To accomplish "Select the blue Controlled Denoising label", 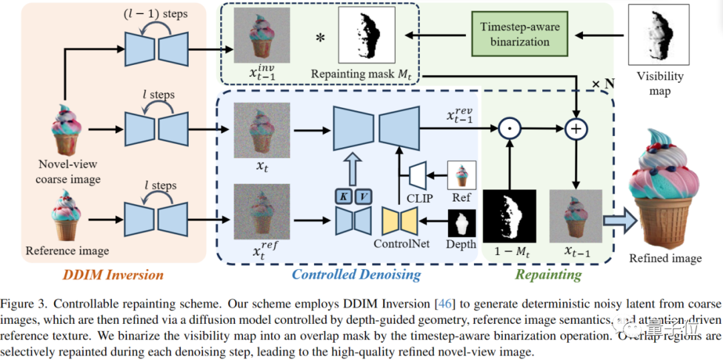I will (355, 274).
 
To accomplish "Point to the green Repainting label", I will (548, 274).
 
